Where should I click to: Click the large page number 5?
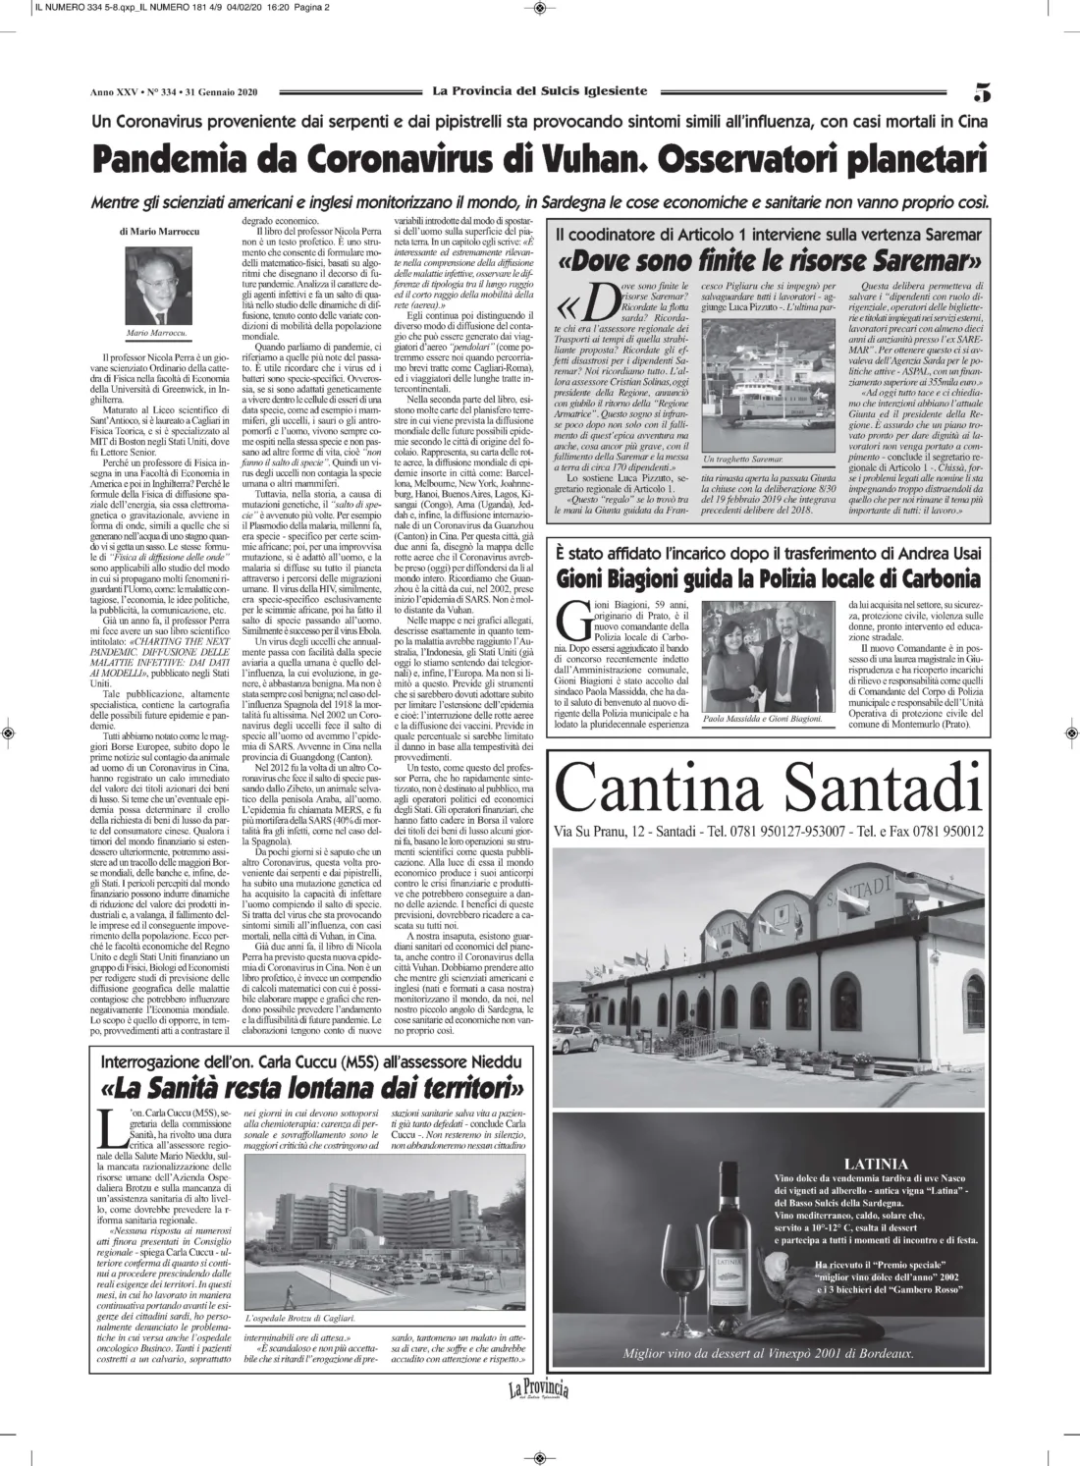[982, 93]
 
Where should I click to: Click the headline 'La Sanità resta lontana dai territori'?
[311, 1089]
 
